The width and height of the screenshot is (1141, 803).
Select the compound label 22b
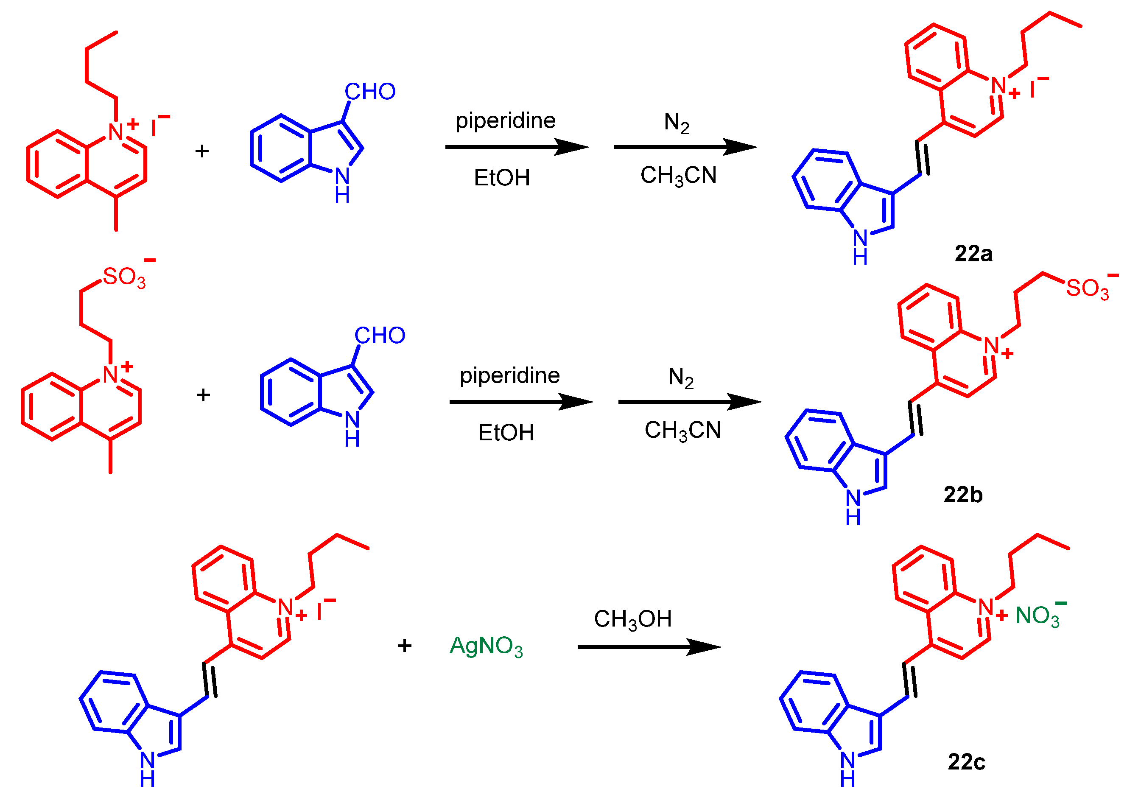coord(962,495)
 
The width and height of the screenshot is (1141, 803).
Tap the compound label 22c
coord(966,762)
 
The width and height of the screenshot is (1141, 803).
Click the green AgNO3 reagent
coord(486,646)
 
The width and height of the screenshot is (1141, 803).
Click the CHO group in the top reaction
coord(370,92)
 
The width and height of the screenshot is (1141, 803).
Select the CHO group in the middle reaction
coord(380,336)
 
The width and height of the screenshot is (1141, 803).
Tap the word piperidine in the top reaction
coord(506,121)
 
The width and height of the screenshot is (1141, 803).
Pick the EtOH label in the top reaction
coord(502,178)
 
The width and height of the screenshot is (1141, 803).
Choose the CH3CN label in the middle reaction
coord(682,430)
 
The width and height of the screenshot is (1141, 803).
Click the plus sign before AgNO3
coord(405,646)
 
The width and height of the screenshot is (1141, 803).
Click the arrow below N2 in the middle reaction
coord(689,401)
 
